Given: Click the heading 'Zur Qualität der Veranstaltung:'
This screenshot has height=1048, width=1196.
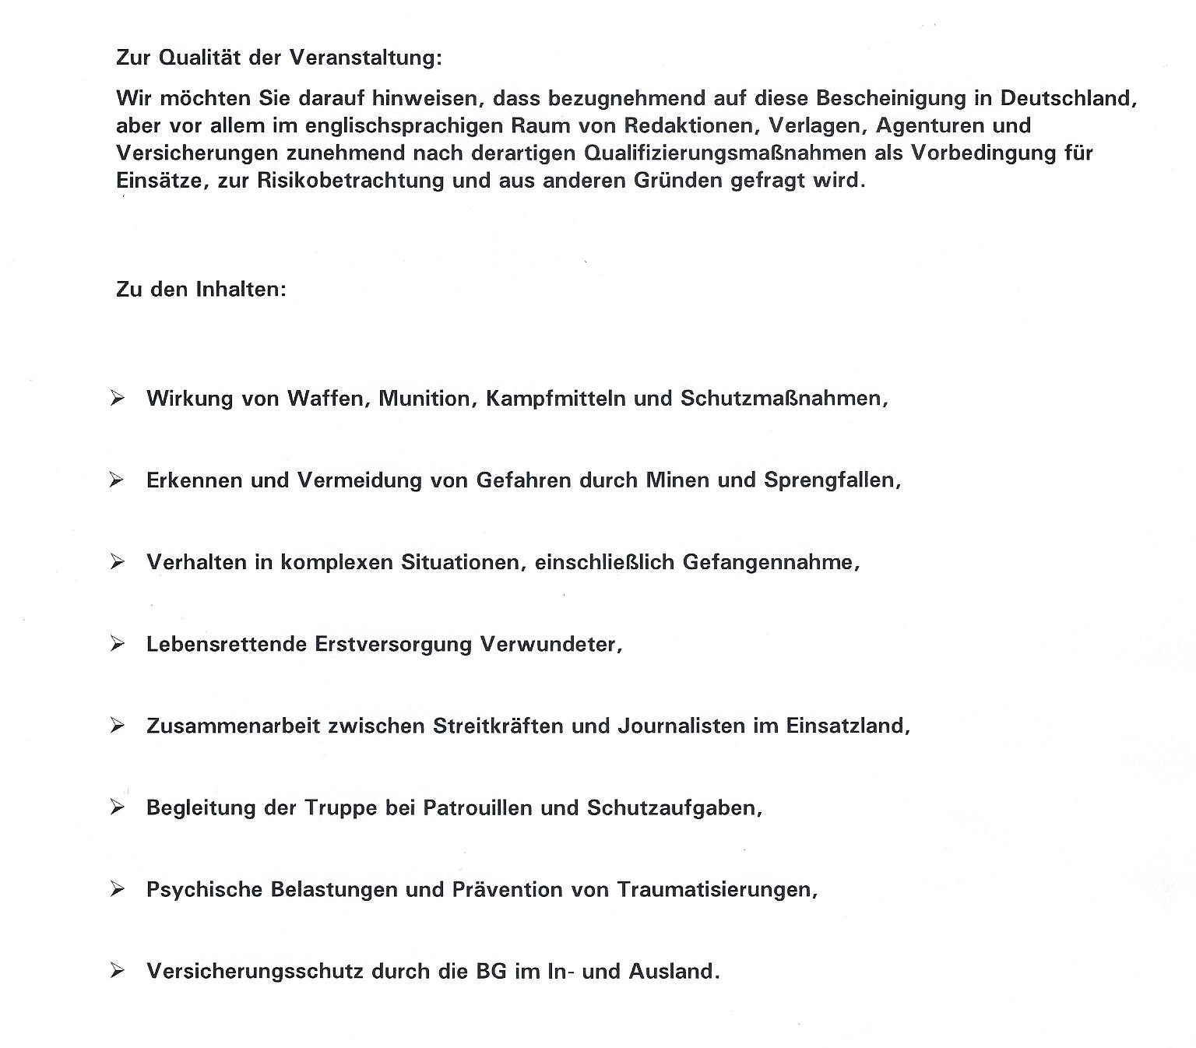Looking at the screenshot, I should [279, 58].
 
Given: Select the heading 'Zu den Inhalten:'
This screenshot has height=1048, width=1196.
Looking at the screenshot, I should [201, 290].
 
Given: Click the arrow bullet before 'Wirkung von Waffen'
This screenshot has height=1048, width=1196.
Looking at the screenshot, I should [118, 399].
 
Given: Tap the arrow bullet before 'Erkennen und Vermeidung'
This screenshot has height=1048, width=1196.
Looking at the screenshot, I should [118, 480].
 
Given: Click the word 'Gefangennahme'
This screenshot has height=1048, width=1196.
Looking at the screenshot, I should [770, 562].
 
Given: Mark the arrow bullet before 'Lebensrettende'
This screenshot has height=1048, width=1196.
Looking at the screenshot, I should [118, 644].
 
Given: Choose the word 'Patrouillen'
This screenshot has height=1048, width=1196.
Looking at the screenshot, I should [477, 808].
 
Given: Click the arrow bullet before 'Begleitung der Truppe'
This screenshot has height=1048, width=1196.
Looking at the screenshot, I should [118, 807].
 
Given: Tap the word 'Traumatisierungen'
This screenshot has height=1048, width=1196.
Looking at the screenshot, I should [716, 890].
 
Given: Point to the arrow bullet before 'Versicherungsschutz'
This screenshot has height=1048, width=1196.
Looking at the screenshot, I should [118, 971].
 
